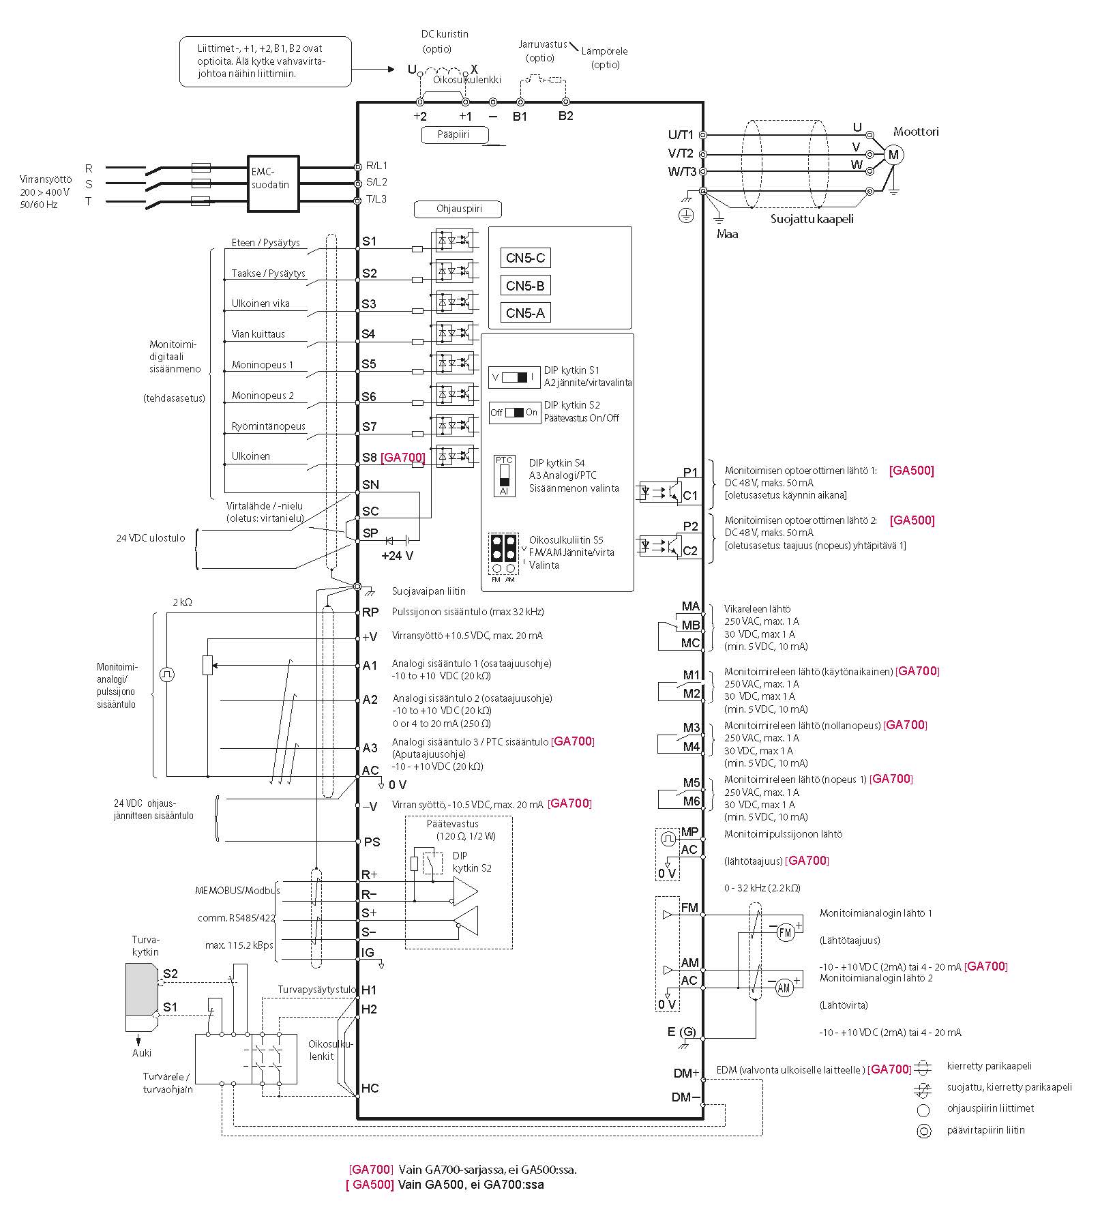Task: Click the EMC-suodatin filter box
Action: click(x=273, y=183)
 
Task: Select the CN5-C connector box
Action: click(x=525, y=258)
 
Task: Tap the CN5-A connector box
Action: click(x=525, y=313)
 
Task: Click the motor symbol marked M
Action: click(x=893, y=155)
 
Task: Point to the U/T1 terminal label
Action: click(x=681, y=135)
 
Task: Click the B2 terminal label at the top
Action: click(x=565, y=116)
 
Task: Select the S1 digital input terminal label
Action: click(x=369, y=241)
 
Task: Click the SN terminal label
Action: click(x=370, y=485)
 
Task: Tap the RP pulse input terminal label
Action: click(x=370, y=612)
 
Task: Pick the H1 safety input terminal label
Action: click(x=369, y=990)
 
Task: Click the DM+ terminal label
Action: click(x=686, y=1073)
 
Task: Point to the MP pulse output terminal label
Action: click(x=690, y=832)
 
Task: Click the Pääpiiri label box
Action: click(x=454, y=134)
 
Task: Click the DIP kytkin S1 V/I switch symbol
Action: click(x=514, y=377)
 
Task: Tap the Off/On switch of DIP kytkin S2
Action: click(x=514, y=413)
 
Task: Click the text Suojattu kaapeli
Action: click(x=812, y=219)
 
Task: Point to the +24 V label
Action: click(x=398, y=555)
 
